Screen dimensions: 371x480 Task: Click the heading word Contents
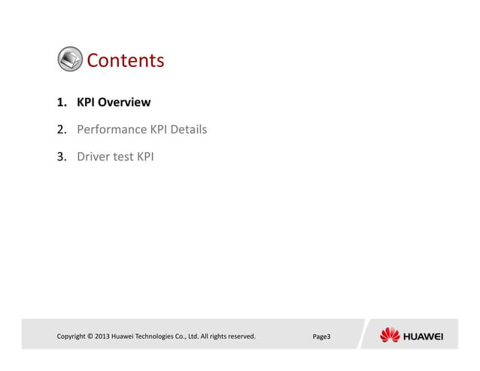(x=125, y=60)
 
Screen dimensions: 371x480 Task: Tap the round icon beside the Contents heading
(x=70, y=59)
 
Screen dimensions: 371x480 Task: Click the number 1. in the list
(x=62, y=102)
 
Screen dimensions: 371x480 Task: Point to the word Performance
(x=111, y=130)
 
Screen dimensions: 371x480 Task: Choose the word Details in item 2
(x=188, y=130)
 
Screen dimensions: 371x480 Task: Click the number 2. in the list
(x=63, y=130)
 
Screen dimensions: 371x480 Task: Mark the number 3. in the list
(x=63, y=158)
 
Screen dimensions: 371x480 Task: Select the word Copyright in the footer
(x=74, y=336)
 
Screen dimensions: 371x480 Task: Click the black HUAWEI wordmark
(x=424, y=336)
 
